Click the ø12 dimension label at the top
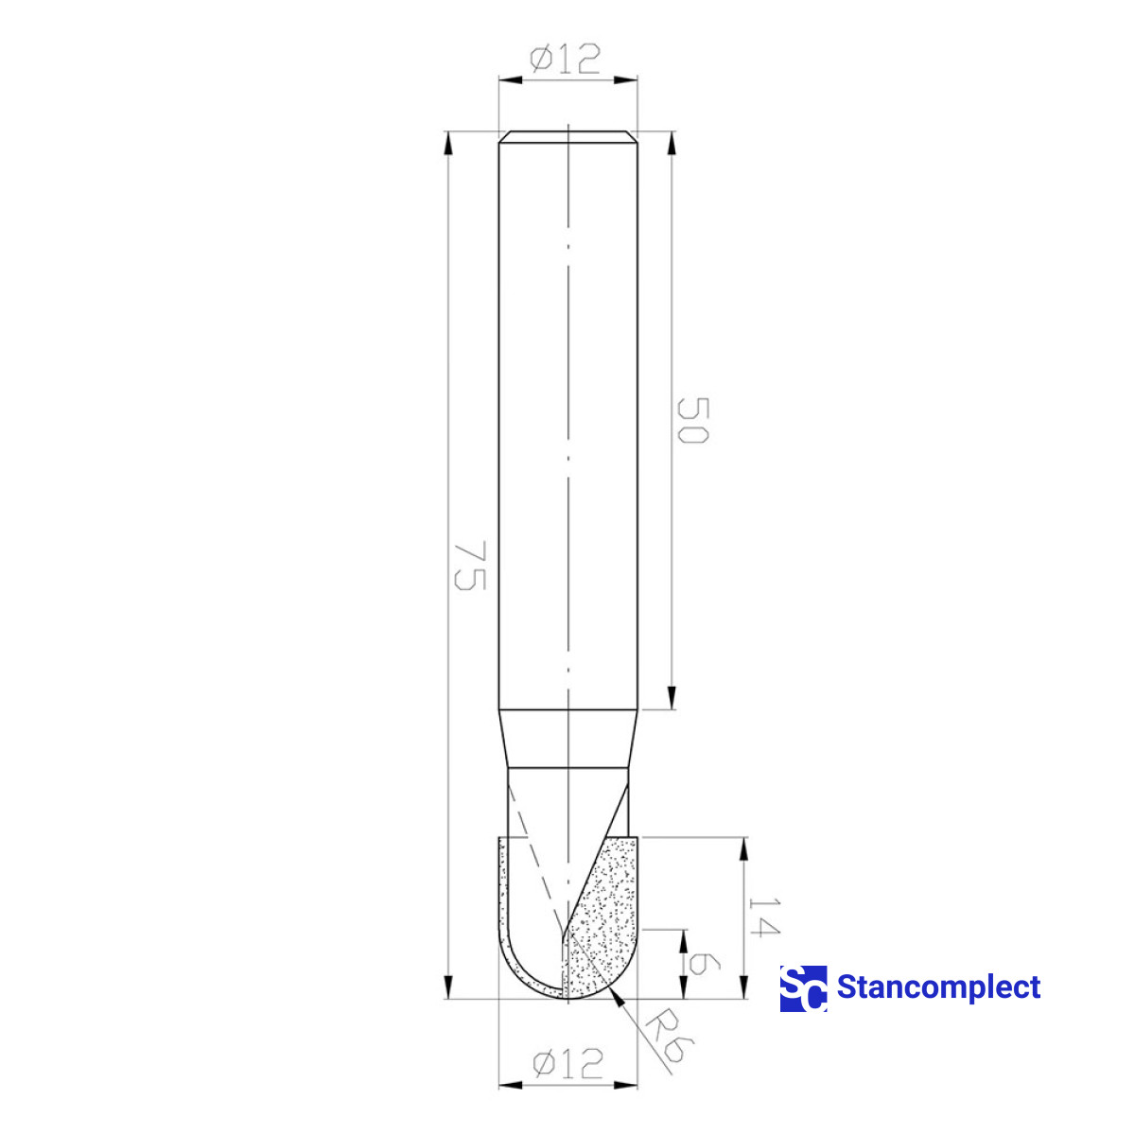tap(566, 60)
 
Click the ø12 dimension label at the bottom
tap(567, 1063)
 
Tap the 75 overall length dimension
tap(470, 566)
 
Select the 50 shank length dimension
tap(693, 421)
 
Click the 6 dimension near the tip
tap(705, 965)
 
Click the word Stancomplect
tap(938, 987)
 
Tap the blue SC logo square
tap(803, 988)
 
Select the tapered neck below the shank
tap(567, 739)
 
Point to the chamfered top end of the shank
tap(567, 136)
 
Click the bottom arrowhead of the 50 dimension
tap(672, 699)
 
